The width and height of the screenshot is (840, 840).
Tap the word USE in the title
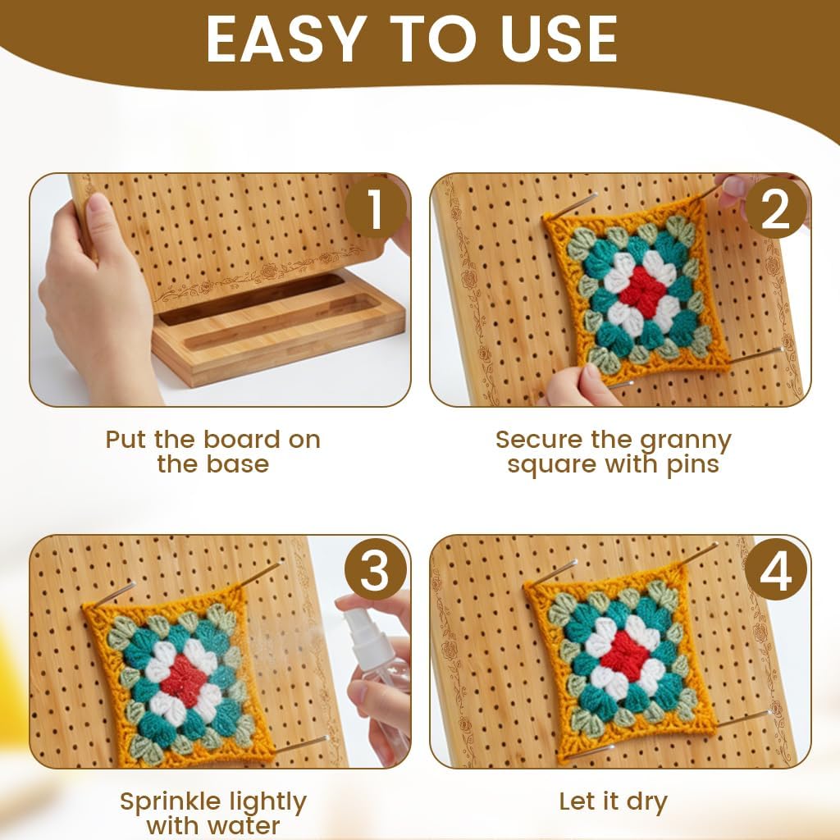pyautogui.click(x=559, y=39)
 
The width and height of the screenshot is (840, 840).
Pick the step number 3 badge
pyautogui.click(x=375, y=569)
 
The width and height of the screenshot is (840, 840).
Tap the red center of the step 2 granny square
pyautogui.click(x=642, y=295)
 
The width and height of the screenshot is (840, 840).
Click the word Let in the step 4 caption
pyautogui.click(x=576, y=802)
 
